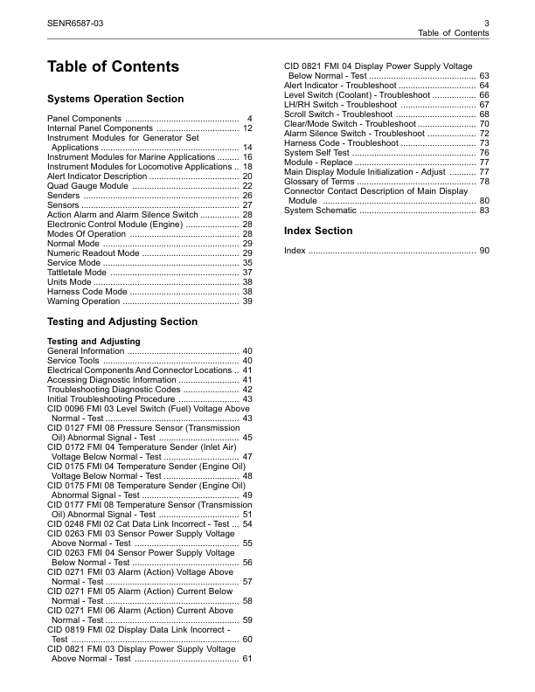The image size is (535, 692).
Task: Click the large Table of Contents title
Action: [113, 67]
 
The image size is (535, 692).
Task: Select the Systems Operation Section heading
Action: [115, 99]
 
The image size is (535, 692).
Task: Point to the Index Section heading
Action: [318, 231]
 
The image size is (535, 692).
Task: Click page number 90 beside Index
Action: [483, 251]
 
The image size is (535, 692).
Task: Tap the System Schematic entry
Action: [320, 211]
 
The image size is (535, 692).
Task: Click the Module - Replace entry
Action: [320, 163]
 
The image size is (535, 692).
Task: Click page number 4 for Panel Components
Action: [249, 119]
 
